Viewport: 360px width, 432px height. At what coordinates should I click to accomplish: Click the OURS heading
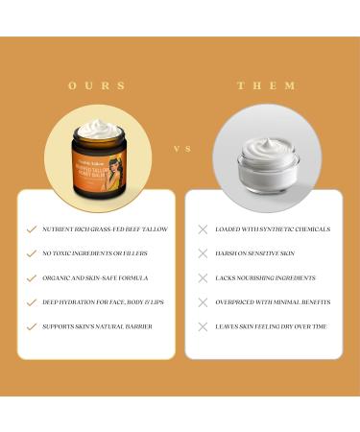click(x=97, y=85)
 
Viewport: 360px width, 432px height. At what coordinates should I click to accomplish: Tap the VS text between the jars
click(x=180, y=149)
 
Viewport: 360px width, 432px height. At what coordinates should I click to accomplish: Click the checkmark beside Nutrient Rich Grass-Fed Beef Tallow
click(x=32, y=229)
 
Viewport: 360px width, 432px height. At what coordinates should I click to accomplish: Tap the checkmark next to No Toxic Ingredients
click(x=32, y=253)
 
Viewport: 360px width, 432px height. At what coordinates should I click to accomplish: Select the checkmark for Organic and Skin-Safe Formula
click(x=32, y=277)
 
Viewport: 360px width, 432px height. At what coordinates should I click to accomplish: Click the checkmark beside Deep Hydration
click(x=32, y=301)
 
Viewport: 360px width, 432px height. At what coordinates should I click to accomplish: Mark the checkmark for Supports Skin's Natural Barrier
click(x=32, y=326)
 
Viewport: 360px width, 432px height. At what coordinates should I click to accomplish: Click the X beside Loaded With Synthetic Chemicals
click(x=203, y=229)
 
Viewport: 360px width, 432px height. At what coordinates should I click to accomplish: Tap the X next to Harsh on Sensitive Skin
click(x=203, y=253)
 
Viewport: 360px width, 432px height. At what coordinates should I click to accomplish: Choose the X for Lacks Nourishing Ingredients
click(x=203, y=277)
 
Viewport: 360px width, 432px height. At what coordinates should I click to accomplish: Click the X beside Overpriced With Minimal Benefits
click(x=203, y=301)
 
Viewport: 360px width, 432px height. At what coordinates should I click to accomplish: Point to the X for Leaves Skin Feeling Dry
click(x=203, y=326)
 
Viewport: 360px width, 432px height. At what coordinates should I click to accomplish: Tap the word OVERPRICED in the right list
click(x=235, y=301)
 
